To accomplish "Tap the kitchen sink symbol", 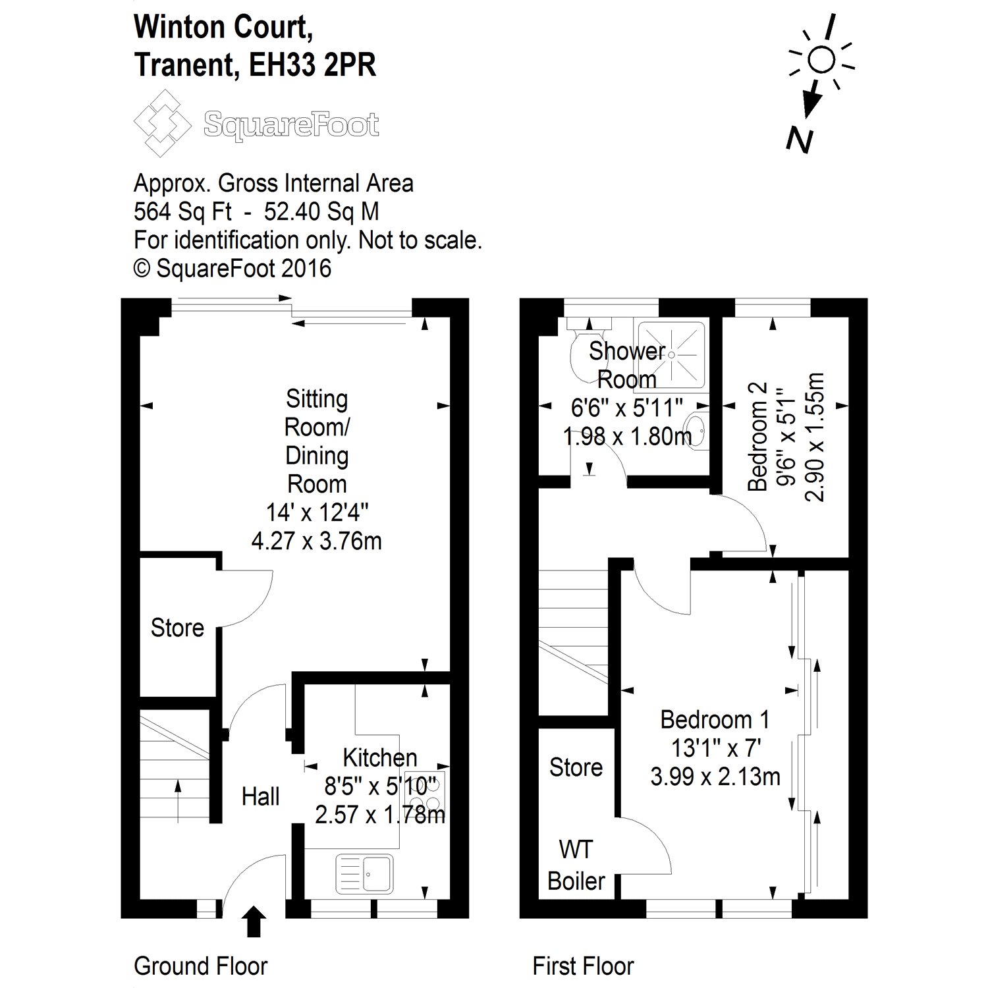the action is click(364, 873).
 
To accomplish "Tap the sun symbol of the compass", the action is click(821, 60).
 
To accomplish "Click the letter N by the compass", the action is click(800, 140).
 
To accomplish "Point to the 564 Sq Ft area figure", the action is click(182, 211).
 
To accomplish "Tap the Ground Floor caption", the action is click(200, 966).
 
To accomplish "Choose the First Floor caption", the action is click(583, 966).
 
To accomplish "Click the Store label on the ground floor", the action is click(177, 628).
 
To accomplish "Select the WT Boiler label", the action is click(576, 865).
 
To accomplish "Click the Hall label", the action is click(261, 796).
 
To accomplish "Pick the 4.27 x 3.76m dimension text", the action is click(316, 541).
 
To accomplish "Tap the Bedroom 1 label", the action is click(715, 719).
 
